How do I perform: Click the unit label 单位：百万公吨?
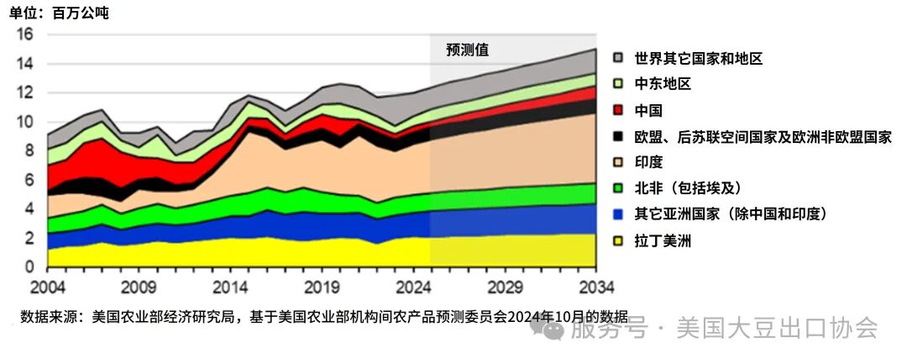coord(59,13)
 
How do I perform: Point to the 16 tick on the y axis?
coord(24,34)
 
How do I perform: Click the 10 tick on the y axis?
coord(24,122)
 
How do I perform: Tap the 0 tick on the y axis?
coord(29,267)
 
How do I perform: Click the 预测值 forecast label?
coord(468,50)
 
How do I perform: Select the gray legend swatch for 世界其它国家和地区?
coord(619,58)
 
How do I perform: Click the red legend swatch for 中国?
coord(619,110)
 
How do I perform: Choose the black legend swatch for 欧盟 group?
coord(619,136)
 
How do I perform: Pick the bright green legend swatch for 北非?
coord(619,188)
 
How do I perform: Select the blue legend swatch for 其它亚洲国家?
coord(619,214)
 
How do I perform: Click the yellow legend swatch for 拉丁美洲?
coord(619,241)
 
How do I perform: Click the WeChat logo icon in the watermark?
coord(554,329)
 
